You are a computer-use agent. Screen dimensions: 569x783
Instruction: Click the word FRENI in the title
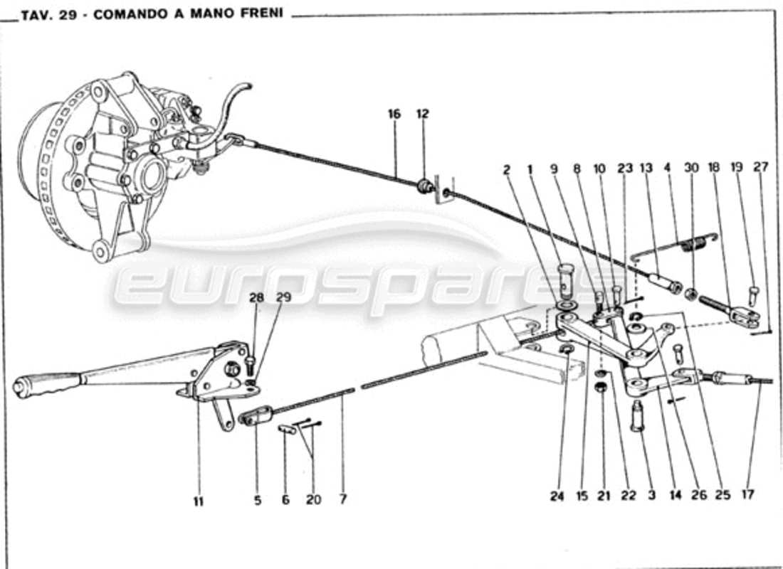tap(261, 14)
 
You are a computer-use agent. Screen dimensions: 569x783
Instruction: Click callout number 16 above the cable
tap(394, 114)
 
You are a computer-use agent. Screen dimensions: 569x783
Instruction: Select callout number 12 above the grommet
tap(423, 114)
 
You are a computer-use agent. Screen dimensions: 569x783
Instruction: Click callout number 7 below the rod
tap(343, 499)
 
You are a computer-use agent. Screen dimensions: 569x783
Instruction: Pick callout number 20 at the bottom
tap(313, 499)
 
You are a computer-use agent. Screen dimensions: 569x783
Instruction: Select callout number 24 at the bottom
tap(557, 496)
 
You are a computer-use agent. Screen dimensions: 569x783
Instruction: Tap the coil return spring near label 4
tap(691, 246)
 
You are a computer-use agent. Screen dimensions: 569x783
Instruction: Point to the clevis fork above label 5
tap(257, 415)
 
